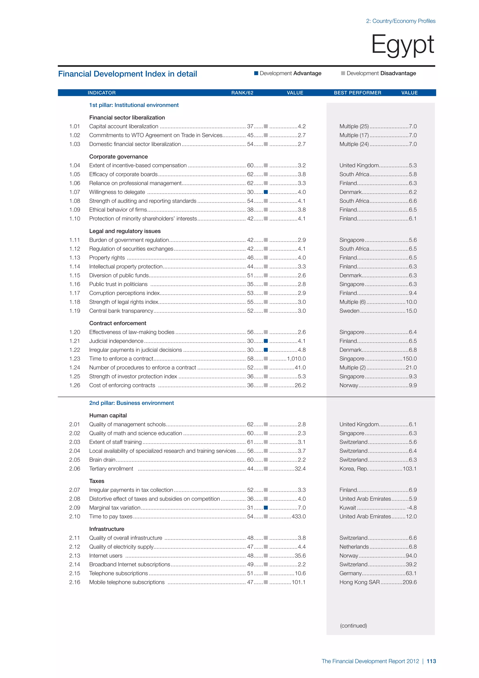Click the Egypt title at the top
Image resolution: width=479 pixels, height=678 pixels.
pyautogui.click(x=402, y=44)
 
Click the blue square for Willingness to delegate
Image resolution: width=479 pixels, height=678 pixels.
pyautogui.click(x=266, y=192)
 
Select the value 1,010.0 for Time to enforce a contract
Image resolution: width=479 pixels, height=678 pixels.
pyautogui.click(x=296, y=358)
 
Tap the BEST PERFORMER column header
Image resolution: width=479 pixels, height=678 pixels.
pyautogui.click(x=357, y=93)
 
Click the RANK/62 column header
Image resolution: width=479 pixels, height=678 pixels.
pyautogui.click(x=242, y=93)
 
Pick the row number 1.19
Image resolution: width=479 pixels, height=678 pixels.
pyautogui.click(x=75, y=311)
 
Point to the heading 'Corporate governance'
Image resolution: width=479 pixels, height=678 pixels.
pyautogui.click(x=118, y=157)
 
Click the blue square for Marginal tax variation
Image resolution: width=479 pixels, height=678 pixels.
pyautogui.click(x=266, y=508)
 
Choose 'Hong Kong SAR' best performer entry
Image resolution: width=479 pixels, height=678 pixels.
pyautogui.click(x=359, y=582)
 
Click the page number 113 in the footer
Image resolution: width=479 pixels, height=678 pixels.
pyautogui.click(x=431, y=661)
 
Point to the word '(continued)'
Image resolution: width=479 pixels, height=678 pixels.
pyautogui.click(x=353, y=625)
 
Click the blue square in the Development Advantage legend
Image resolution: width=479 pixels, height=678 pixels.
pyautogui.click(x=256, y=73)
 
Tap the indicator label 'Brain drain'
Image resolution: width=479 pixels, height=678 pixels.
pyautogui.click(x=102, y=460)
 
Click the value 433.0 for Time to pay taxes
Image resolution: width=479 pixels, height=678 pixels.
pyautogui.click(x=298, y=516)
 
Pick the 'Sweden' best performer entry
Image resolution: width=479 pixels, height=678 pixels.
pyautogui.click(x=349, y=311)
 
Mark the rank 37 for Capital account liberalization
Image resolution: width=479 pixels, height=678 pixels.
pyautogui.click(x=250, y=126)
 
